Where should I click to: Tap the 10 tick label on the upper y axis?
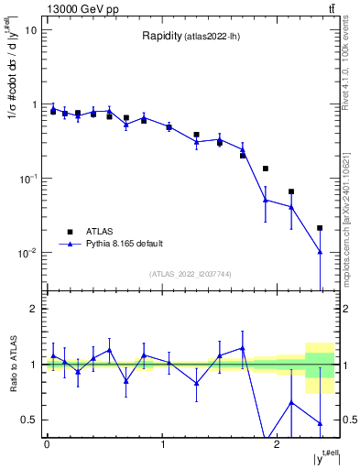tap(29, 30)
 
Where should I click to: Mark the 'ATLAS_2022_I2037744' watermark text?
tap(191, 274)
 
